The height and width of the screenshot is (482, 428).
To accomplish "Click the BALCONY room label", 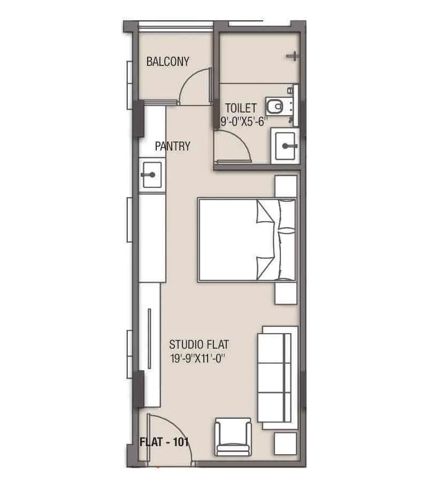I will click(x=167, y=62).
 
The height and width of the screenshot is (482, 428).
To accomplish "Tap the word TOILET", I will click(x=240, y=108).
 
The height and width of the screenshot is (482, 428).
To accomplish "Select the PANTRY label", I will click(x=172, y=146).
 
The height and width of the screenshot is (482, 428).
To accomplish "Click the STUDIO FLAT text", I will click(x=198, y=344).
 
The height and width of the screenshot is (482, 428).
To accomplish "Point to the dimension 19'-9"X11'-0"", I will click(x=198, y=359).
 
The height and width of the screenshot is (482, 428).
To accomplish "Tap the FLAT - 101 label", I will click(x=164, y=442).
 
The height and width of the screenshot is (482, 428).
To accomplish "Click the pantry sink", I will click(x=152, y=175).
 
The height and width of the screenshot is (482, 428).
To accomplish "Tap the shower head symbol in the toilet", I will click(x=293, y=56).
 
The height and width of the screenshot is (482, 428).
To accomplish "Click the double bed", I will click(x=247, y=239).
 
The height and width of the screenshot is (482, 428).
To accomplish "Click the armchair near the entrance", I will click(x=233, y=437).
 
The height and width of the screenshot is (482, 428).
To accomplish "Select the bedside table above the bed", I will click(x=286, y=186).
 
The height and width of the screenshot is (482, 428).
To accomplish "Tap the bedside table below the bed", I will click(x=285, y=293).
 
